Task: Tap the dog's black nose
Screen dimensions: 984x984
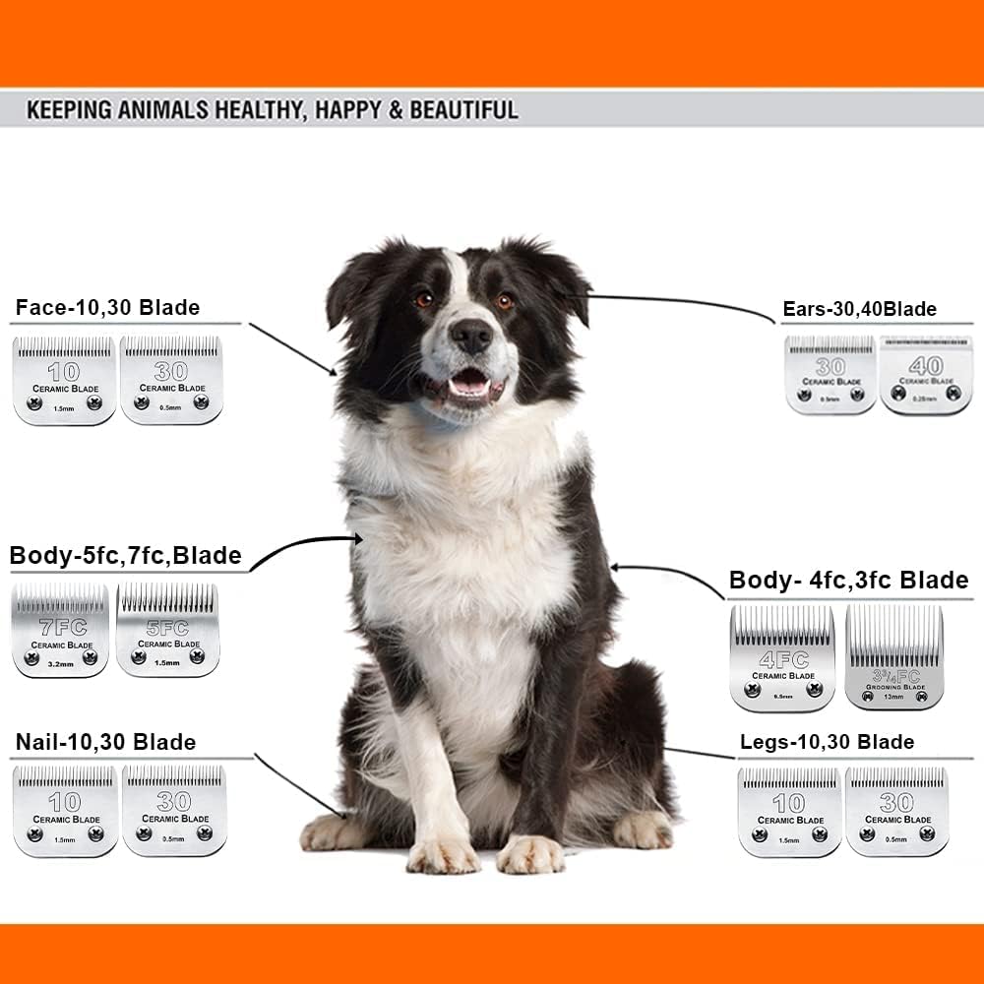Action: [x=471, y=338]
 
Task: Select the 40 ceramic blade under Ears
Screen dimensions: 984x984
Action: [x=925, y=375]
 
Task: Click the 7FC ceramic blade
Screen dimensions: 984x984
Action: [x=60, y=631]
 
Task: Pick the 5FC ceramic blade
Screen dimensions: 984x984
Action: [x=167, y=630]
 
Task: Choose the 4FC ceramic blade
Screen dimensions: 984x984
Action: [x=782, y=658]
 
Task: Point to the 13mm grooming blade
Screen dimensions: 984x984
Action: [x=893, y=658]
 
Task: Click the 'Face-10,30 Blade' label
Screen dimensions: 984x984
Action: [x=107, y=308]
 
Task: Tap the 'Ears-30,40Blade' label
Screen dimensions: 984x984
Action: [x=859, y=310]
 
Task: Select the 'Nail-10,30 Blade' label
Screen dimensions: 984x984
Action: [x=105, y=742]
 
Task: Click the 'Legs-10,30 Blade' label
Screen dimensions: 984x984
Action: [x=827, y=742]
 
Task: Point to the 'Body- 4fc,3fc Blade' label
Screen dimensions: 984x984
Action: [x=848, y=581]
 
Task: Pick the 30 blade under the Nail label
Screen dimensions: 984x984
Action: [x=174, y=811]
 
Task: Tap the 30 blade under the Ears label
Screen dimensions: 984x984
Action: [x=830, y=375]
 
